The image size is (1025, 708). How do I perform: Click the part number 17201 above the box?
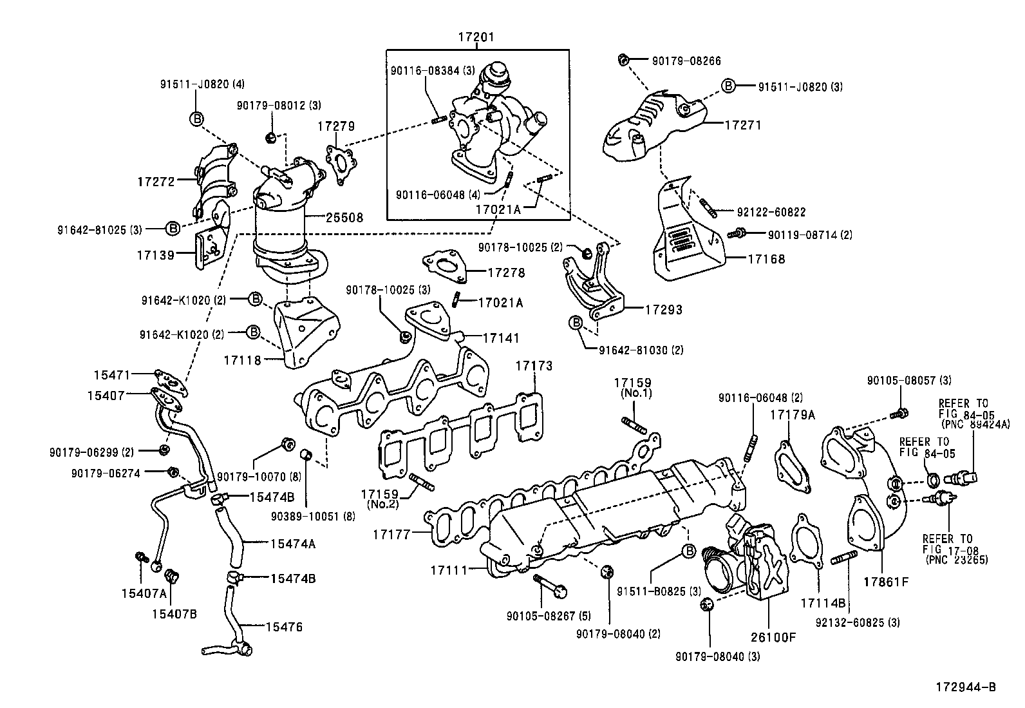tap(476, 37)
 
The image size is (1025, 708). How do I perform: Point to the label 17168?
tap(766, 260)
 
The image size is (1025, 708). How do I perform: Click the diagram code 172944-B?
tap(966, 688)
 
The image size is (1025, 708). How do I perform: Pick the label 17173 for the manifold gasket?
tap(534, 366)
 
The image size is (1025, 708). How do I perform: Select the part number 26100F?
tap(773, 638)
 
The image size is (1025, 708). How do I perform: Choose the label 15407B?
tap(174, 613)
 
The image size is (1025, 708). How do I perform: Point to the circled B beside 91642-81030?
tap(575, 322)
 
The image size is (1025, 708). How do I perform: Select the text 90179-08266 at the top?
tap(686, 61)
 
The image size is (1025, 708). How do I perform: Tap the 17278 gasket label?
tap(506, 273)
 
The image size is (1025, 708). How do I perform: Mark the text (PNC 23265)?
tap(956, 560)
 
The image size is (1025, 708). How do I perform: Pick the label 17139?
tap(155, 254)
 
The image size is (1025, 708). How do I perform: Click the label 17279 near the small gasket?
tap(335, 126)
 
